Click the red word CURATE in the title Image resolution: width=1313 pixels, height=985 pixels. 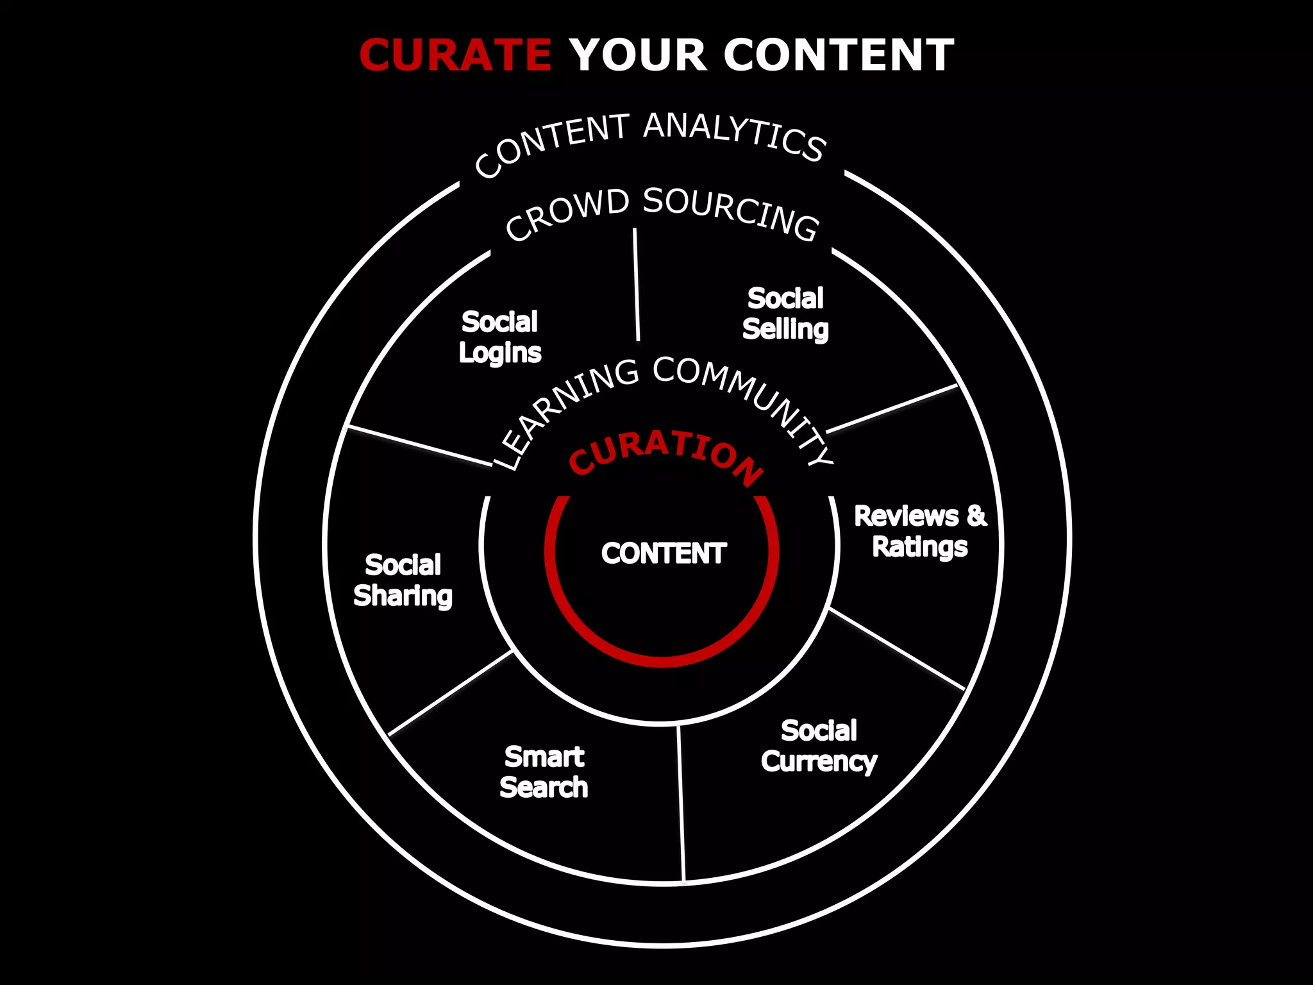pyautogui.click(x=455, y=55)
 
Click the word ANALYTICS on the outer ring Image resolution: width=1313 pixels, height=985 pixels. pyautogui.click(x=733, y=135)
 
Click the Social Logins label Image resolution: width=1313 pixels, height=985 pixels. pyautogui.click(x=499, y=337)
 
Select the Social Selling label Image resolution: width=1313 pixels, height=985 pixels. pyautogui.click(x=785, y=314)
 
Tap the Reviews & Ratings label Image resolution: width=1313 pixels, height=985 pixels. pyautogui.click(x=920, y=532)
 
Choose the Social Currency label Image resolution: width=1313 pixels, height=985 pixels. pyautogui.click(x=819, y=746)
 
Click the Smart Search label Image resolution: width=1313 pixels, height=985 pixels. pyautogui.click(x=544, y=772)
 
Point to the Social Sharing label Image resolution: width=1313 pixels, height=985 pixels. pyautogui.click(x=403, y=580)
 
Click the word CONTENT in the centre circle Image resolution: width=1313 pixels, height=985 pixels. pyautogui.click(x=664, y=553)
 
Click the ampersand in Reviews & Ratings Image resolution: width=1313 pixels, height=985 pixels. pyautogui.click(x=976, y=516)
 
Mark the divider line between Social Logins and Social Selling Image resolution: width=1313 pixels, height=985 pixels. pyautogui.click(x=636, y=285)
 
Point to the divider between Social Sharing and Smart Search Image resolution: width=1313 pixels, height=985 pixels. pyautogui.click(x=450, y=693)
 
